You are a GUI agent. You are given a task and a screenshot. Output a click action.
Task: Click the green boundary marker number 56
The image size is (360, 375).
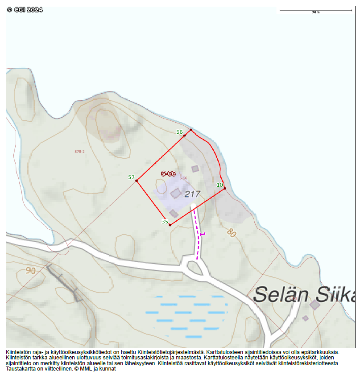180,132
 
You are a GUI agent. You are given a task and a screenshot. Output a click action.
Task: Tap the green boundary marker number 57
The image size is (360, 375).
131,177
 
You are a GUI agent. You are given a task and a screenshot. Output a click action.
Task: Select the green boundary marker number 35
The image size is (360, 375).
165,222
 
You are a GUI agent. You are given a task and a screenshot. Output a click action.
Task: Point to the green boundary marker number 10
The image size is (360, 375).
219,185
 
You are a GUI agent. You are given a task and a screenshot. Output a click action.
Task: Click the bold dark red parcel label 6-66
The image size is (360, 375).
168,173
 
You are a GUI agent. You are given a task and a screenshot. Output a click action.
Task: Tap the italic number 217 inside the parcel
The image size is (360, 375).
192,194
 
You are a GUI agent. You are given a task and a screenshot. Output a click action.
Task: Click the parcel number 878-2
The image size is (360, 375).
79,152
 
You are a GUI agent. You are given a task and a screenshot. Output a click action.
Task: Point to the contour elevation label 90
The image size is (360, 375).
31,270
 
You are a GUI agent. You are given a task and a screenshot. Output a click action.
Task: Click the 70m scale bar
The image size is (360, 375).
315,10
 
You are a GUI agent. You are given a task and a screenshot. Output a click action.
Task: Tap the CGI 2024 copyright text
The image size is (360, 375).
25,9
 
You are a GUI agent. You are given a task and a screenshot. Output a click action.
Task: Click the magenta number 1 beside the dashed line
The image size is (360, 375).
203,234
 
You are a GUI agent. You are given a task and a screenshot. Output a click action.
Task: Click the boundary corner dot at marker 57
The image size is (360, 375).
137,181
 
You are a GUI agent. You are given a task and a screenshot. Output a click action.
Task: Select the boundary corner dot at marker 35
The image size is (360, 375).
170,225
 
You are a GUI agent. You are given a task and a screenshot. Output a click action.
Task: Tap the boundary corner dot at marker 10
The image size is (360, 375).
225,189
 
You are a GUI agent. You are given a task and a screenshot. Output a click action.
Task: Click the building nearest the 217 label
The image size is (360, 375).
176,193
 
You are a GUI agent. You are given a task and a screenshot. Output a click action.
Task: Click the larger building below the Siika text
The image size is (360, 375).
315,305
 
